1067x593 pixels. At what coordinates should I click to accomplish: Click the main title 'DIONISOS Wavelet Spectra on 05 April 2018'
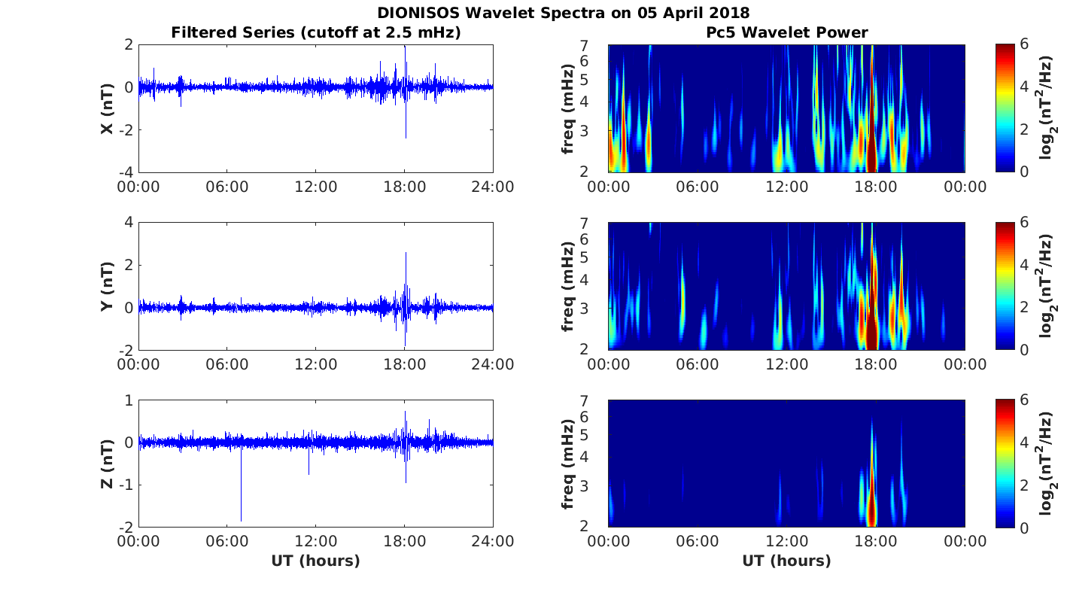564,12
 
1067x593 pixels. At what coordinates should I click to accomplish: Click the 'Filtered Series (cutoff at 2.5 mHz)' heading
316,32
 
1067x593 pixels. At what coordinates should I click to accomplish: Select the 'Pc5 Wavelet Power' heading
787,32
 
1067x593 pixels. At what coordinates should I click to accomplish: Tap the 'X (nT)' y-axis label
107,108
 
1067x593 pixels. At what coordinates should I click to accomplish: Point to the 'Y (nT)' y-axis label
107,286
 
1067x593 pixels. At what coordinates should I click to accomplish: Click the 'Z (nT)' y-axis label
107,464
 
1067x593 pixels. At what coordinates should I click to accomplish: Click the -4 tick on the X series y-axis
126,172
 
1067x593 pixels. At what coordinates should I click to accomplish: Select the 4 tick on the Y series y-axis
129,222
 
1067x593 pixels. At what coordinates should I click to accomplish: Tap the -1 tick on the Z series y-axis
126,485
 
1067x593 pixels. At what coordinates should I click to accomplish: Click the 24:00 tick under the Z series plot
493,542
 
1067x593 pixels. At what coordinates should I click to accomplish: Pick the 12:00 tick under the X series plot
316,187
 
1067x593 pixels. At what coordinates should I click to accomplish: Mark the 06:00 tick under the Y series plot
227,364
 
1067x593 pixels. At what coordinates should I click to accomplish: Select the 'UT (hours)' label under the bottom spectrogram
786,561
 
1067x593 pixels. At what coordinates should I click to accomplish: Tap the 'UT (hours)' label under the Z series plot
316,561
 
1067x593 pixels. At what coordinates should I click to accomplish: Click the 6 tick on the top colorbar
1023,44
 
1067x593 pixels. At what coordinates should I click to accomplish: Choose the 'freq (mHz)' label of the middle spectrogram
567,286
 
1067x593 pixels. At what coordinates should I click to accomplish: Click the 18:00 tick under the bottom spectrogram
876,542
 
